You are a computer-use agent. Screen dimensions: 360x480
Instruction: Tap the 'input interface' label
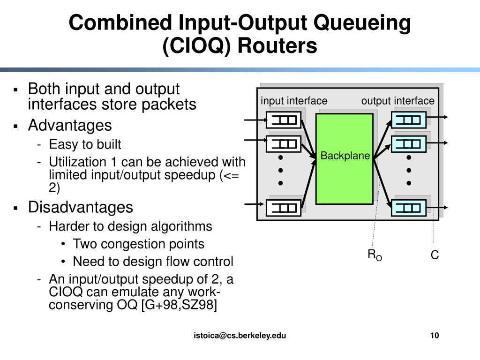tap(294, 101)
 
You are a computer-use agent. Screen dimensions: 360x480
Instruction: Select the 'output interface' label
tap(397, 101)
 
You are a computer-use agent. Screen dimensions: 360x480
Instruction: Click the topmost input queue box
tap(284, 120)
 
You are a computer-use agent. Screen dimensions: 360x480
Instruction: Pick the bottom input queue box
tap(284, 207)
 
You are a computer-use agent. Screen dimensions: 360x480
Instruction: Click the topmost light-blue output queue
tap(409, 120)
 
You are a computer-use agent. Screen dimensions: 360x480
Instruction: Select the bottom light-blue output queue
tap(409, 207)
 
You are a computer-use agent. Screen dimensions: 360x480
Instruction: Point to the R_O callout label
tap(375, 255)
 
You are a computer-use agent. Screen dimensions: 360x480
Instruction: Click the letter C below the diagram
tap(435, 256)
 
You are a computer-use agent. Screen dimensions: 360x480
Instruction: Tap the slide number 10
tap(434, 335)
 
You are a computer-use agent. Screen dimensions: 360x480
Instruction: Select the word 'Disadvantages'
tap(81, 207)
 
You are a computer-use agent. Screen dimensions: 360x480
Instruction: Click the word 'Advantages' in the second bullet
tap(70, 126)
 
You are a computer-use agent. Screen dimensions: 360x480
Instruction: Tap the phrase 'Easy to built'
tap(85, 144)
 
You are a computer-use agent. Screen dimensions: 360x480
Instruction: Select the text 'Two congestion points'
tap(139, 244)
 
